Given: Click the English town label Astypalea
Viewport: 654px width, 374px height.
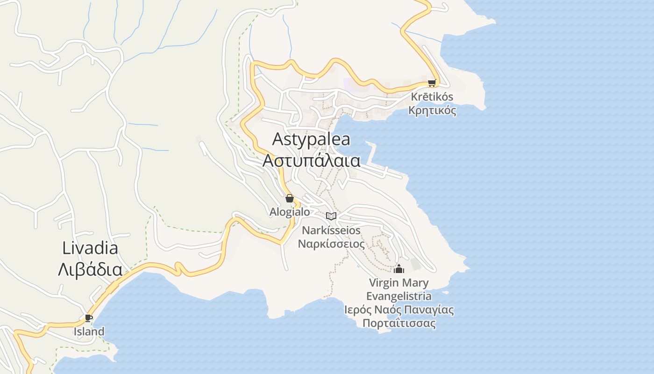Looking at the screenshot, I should pyautogui.click(x=311, y=139).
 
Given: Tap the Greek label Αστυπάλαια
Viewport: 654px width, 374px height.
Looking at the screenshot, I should pyautogui.click(x=311, y=160).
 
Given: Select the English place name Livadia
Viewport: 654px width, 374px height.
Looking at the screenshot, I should pyautogui.click(x=90, y=248).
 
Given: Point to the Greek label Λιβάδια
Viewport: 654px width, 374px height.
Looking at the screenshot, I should pyautogui.click(x=90, y=269).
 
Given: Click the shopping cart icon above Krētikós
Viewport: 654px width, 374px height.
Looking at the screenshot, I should pyautogui.click(x=432, y=83).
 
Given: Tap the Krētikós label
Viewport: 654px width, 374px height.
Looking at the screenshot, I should pyautogui.click(x=432, y=97).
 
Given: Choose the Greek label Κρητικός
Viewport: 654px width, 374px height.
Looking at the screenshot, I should pyautogui.click(x=432, y=111).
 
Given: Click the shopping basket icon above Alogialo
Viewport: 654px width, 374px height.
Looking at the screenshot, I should pyautogui.click(x=290, y=198).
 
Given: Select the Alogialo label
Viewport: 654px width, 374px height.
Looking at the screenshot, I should pyautogui.click(x=290, y=212).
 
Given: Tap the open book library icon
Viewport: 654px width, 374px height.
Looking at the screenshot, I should pyautogui.click(x=331, y=216).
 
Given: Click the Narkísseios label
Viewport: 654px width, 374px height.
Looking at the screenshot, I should pyautogui.click(x=331, y=230).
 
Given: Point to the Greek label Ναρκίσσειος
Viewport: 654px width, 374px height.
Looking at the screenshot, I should pyautogui.click(x=331, y=244).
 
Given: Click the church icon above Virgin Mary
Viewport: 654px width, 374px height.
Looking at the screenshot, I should pyautogui.click(x=399, y=269).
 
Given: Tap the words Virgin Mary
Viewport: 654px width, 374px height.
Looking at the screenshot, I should pyautogui.click(x=399, y=283).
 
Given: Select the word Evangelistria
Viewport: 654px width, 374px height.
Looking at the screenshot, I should pyautogui.click(x=399, y=296).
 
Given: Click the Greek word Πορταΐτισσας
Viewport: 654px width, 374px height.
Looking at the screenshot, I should pyautogui.click(x=399, y=324).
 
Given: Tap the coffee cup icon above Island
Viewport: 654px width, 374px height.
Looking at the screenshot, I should pyautogui.click(x=89, y=318).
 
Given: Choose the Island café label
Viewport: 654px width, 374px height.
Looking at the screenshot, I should pyautogui.click(x=89, y=331).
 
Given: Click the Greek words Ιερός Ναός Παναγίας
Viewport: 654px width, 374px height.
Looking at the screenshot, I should pyautogui.click(x=399, y=310).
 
